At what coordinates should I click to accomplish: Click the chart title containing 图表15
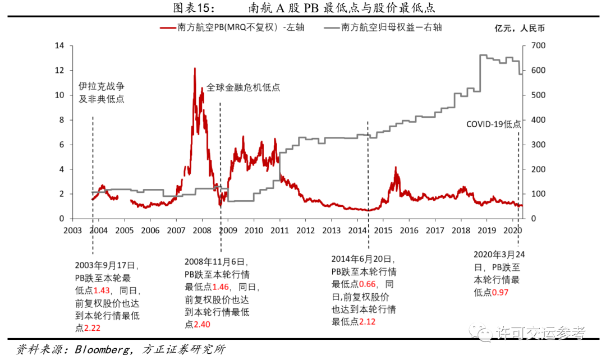tap(304, 8)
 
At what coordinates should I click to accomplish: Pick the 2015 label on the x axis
tap(383, 230)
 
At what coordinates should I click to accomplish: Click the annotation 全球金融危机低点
tap(243, 87)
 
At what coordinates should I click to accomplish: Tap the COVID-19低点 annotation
tap(493, 124)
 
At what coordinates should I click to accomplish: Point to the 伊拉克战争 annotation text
tap(101, 87)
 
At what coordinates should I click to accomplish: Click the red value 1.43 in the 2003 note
tap(102, 290)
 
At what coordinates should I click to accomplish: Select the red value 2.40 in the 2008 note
tap(202, 325)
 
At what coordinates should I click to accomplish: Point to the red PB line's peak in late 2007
tap(195, 68)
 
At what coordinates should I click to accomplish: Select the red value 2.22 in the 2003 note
tap(92, 328)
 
